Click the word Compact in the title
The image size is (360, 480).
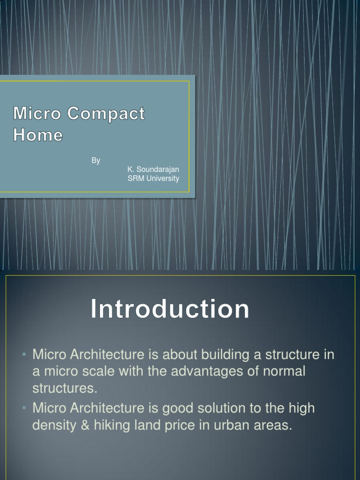pyautogui.click(x=106, y=113)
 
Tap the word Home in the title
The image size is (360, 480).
pyautogui.click(x=38, y=135)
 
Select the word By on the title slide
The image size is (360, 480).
pyautogui.click(x=96, y=161)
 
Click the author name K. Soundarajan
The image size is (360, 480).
pyautogui.click(x=153, y=169)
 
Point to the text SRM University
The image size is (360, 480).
pyautogui.click(x=153, y=179)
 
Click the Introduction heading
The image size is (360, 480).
pyautogui.click(x=170, y=310)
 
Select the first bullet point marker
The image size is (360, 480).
pyautogui.click(x=24, y=355)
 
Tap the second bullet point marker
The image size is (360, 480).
pyautogui.click(x=24, y=408)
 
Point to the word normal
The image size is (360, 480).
pyautogui.click(x=282, y=372)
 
